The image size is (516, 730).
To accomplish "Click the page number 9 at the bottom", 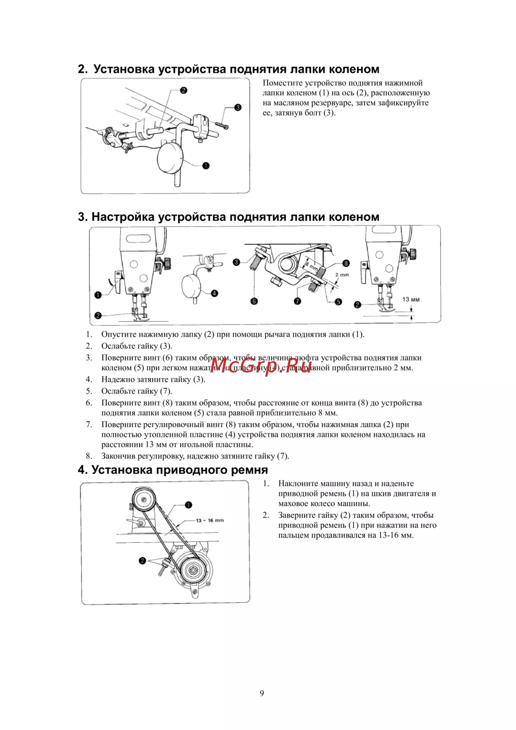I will tap(262, 693).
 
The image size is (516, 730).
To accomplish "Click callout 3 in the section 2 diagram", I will tap(238, 107).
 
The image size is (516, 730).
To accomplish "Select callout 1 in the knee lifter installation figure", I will tap(206, 166).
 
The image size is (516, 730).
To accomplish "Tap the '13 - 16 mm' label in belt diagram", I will tap(209, 520).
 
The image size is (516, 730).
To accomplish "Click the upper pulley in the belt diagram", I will tap(142, 499).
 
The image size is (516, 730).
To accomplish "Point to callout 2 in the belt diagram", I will tap(142, 560).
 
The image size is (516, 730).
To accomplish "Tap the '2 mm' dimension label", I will tap(342, 275).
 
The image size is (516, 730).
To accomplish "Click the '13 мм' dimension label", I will tap(411, 299).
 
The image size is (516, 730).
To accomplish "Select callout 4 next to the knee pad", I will tap(215, 293).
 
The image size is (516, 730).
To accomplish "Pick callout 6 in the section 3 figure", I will tap(254, 301).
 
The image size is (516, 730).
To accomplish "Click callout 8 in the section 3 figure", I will tap(346, 263).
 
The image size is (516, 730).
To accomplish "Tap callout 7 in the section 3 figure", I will tap(297, 301).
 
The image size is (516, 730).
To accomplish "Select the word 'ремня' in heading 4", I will tap(250, 470).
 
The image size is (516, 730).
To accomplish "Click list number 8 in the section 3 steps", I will tap(89, 456).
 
